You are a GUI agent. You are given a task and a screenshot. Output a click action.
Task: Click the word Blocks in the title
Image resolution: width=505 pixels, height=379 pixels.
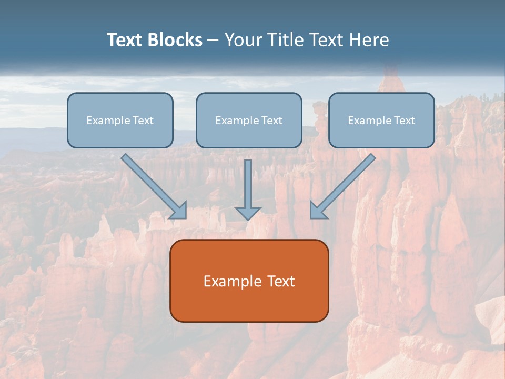176,40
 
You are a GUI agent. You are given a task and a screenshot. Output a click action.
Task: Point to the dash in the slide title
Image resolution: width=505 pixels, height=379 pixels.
213,41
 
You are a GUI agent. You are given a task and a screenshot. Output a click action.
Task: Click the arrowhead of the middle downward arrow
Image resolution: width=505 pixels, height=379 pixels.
248,213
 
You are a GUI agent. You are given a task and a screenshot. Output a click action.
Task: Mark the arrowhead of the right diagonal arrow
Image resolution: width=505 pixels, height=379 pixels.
318,211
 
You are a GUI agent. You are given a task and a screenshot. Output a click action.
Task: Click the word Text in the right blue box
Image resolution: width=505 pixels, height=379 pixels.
404,121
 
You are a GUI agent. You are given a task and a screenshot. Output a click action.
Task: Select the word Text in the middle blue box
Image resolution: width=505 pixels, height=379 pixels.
271,121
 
